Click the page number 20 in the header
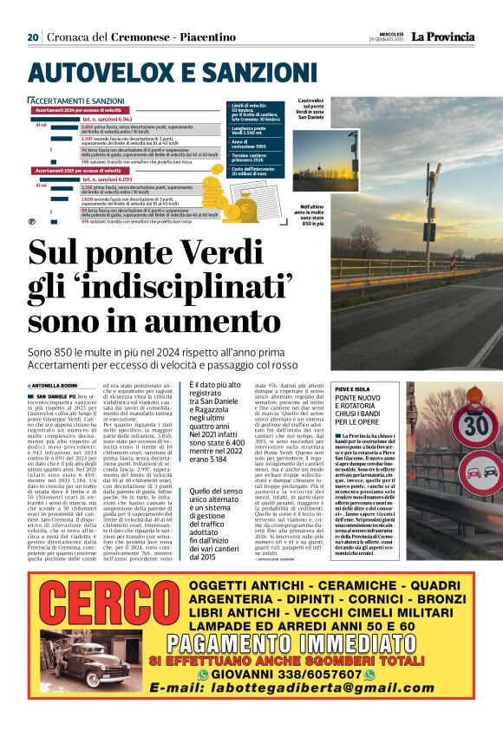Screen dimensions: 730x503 click(32, 37)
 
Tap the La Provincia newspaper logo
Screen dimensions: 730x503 click(442, 37)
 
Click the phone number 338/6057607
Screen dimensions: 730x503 click(312, 674)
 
